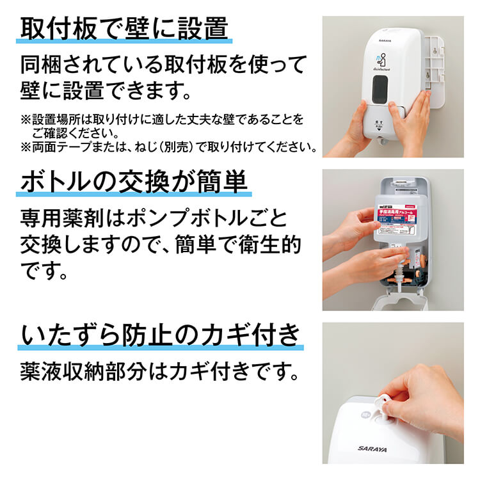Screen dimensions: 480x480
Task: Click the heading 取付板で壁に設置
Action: pyautogui.click(x=125, y=29)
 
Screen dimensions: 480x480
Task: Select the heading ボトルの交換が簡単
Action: pyautogui.click(x=133, y=183)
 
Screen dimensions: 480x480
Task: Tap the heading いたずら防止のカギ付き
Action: pyautogui.click(x=161, y=335)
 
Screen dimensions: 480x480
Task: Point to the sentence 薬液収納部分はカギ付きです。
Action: pyautogui.click(x=160, y=372)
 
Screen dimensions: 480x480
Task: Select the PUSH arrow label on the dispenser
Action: pyautogui.click(x=381, y=125)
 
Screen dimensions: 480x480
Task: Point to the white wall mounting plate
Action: pyautogui.click(x=441, y=70)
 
